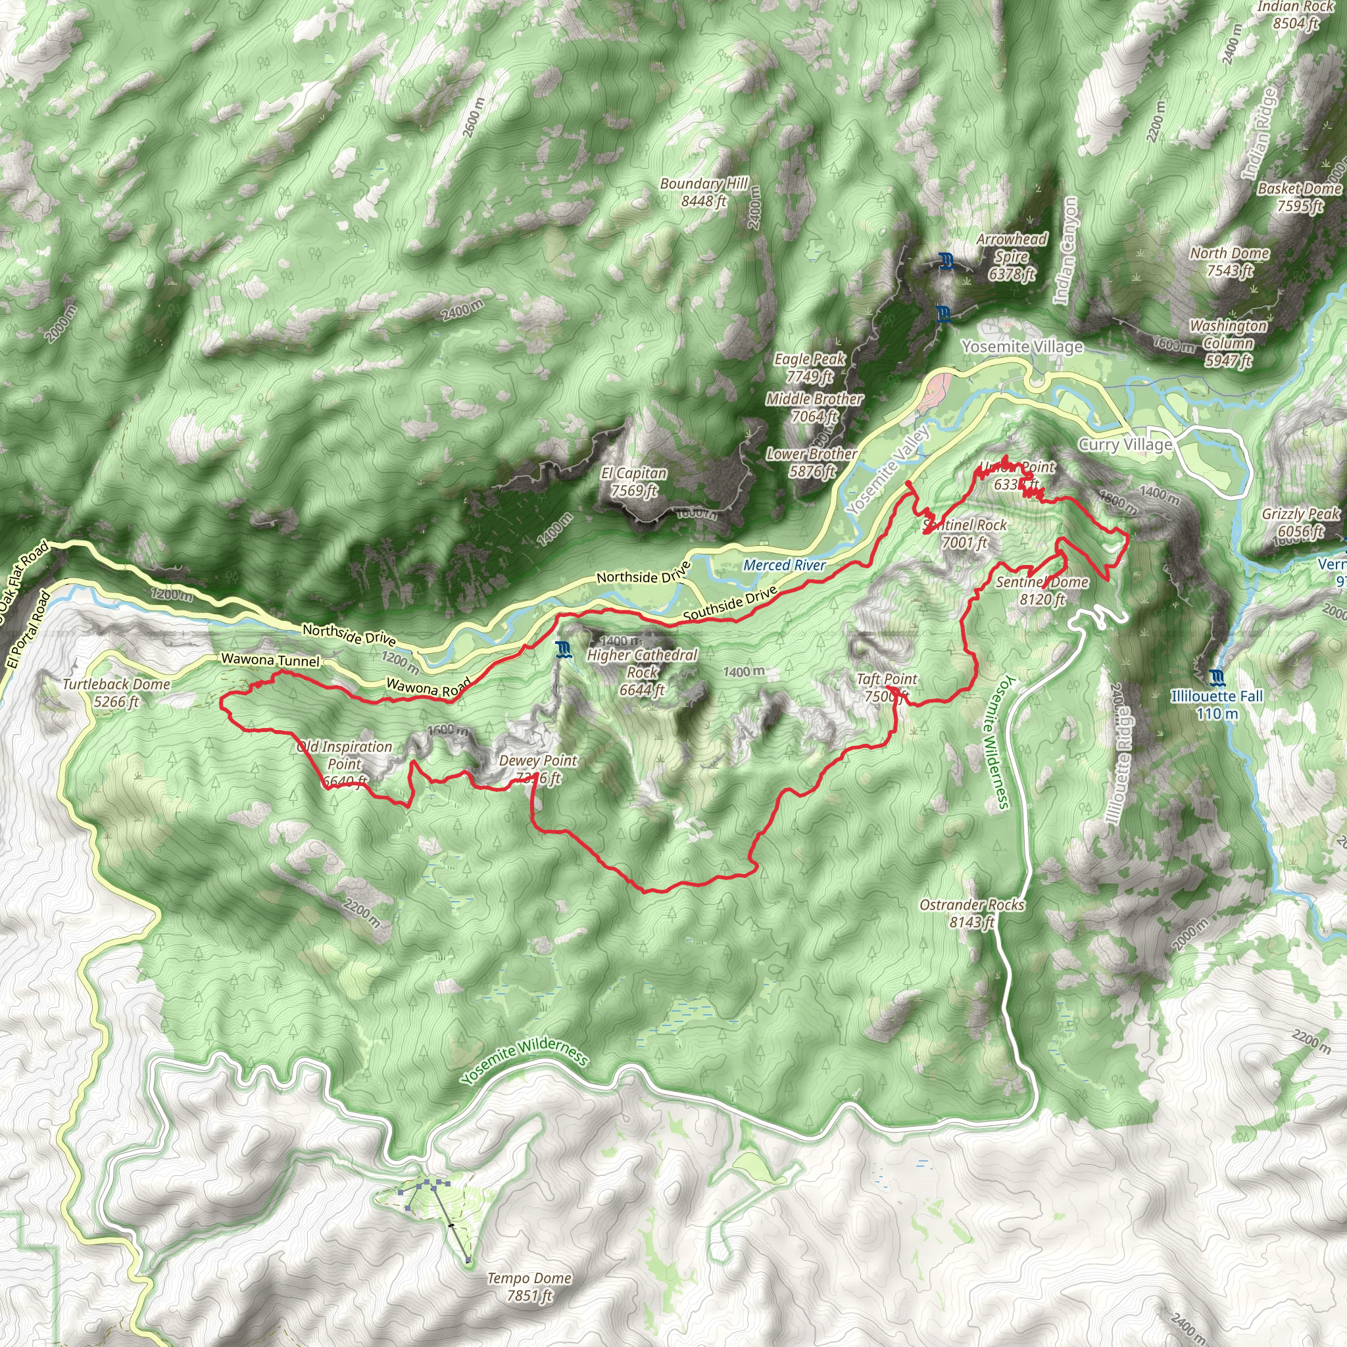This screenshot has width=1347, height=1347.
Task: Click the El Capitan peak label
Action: click(634, 481)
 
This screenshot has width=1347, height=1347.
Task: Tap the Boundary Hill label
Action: click(704, 193)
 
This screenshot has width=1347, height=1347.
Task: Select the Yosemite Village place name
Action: click(1022, 347)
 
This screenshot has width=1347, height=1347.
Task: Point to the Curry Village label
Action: click(1125, 445)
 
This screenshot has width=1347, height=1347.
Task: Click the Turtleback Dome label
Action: click(116, 693)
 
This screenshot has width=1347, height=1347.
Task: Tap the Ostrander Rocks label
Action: click(972, 914)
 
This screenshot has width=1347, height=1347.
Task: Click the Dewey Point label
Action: click(538, 768)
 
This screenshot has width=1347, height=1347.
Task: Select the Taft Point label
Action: click(887, 687)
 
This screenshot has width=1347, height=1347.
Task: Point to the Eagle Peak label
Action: click(810, 368)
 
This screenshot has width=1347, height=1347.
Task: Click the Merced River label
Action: click(785, 566)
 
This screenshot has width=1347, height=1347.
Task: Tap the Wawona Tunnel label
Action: click(270, 660)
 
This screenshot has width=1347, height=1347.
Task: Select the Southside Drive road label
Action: click(730, 604)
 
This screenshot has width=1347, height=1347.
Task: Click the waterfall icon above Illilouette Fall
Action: click(1217, 677)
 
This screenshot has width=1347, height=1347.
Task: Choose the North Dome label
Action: click(1230, 262)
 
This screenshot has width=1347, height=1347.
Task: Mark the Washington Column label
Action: click(1229, 343)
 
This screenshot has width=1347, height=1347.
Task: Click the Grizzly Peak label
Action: click(1301, 522)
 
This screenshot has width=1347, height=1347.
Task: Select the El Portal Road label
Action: click(28, 630)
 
